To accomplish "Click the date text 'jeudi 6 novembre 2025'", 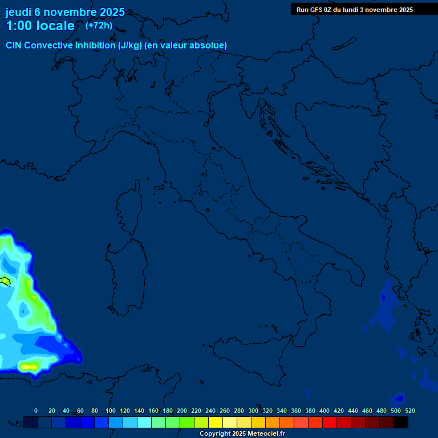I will pos(65,12).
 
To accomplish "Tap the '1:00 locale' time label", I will pos(40,26).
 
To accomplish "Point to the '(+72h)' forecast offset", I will pos(99,26).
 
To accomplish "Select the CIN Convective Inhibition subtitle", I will pos(116,45).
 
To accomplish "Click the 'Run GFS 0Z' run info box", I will pos(355,10).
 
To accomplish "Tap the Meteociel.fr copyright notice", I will pos(242,434).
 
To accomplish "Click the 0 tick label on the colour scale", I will pos(36,411).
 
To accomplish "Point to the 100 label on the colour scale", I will pos(111,411).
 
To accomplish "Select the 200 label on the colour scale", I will pos(182,411).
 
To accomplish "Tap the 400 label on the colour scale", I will pos(325,411).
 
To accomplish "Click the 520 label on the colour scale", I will pos(409,411).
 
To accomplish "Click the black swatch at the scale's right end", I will pos(401,422).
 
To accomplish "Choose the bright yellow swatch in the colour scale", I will pos(216,422).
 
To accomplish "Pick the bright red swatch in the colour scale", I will pos(330,422).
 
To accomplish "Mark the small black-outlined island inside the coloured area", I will pos(5,281).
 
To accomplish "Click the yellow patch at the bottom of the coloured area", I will pos(29,367).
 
